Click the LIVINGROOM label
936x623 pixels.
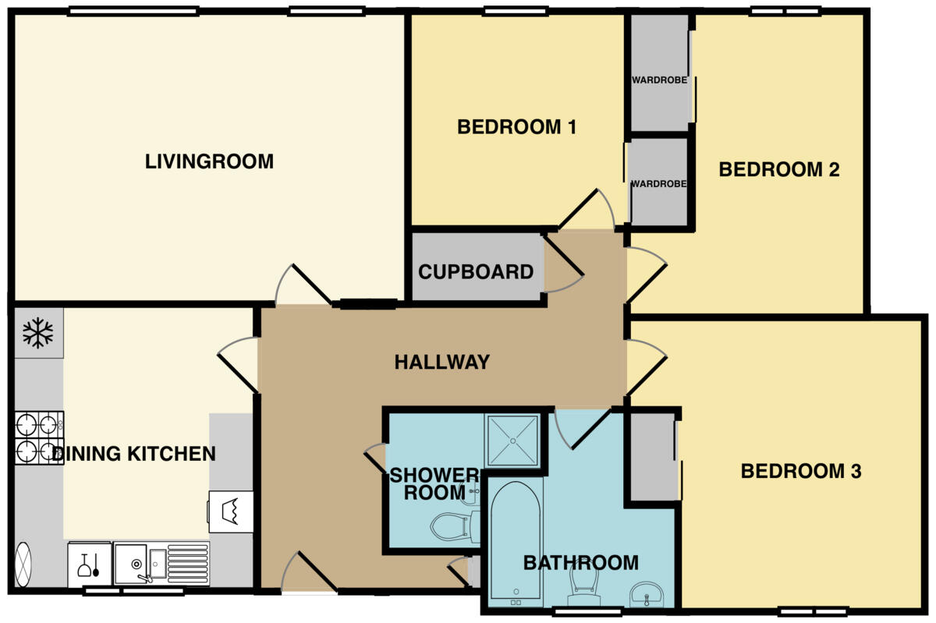pos(209,162)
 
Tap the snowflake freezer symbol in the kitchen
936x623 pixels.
pos(37,333)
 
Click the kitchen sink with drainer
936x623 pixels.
pos(161,563)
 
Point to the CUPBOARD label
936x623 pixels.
pos(476,272)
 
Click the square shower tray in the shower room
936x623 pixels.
pos(512,441)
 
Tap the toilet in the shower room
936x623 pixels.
pos(452,526)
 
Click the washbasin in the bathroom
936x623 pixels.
pos(647,594)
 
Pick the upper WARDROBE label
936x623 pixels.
pos(659,80)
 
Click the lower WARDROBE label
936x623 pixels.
pos(659,184)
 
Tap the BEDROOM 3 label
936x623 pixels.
pos(800,472)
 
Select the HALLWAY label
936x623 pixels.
pos(441,363)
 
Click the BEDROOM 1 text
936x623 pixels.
pos(516,127)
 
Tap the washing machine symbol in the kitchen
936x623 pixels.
pos(231,511)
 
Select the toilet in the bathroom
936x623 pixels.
pos(583,585)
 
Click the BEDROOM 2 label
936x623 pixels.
pos(778,169)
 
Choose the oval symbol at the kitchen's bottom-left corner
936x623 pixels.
pos(23,564)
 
